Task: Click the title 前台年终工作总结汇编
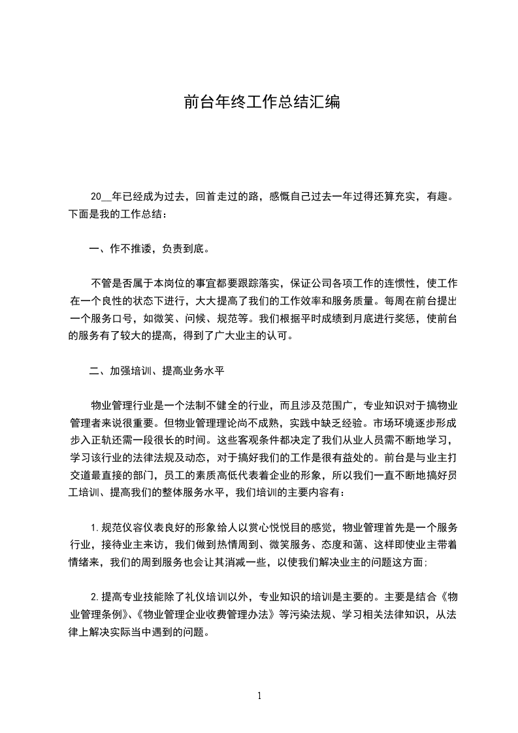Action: click(261, 103)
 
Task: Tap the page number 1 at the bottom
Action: click(259, 696)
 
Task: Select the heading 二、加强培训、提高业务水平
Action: click(157, 370)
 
